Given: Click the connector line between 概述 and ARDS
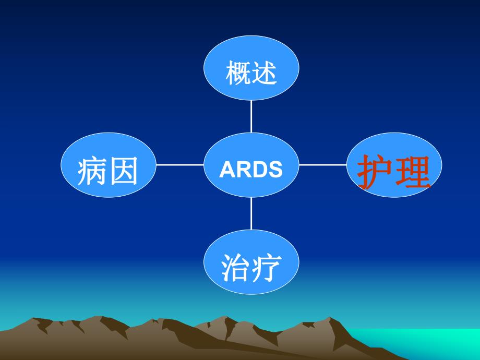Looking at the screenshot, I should [x=251, y=116].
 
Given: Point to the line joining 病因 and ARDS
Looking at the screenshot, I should [x=180, y=165].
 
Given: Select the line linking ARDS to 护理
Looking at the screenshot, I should [x=322, y=165].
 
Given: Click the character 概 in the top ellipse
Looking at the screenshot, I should [x=238, y=73].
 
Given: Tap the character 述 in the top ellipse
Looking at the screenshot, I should [x=265, y=73].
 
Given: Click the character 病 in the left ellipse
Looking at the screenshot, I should [x=93, y=171].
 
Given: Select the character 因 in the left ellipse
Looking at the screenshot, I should [x=124, y=171].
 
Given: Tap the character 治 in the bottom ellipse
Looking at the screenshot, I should [x=235, y=267].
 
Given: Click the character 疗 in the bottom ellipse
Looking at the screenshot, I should [x=266, y=267].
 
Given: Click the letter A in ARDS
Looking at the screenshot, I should [x=226, y=169].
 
